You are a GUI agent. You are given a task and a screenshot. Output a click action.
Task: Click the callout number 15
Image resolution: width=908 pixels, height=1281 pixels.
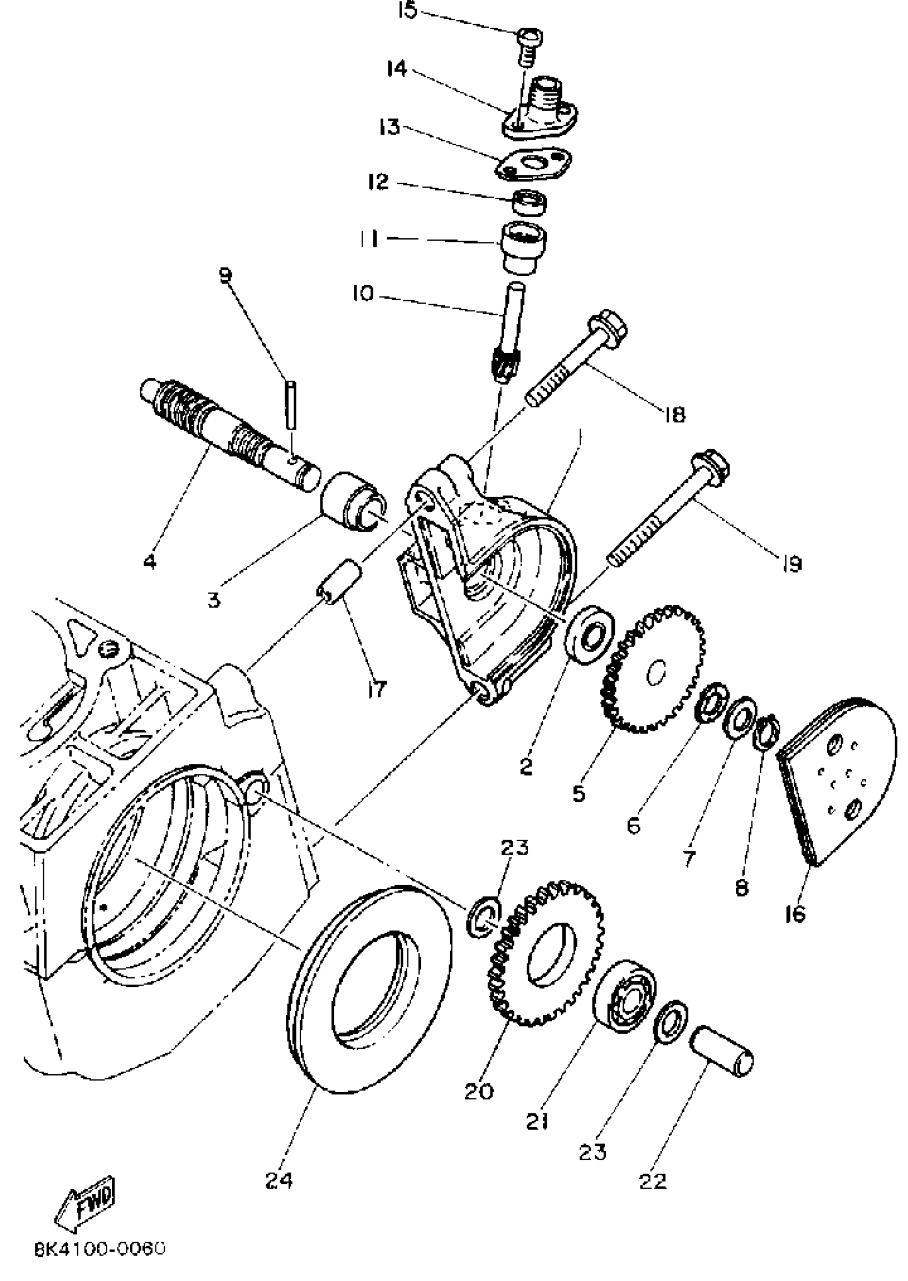408,11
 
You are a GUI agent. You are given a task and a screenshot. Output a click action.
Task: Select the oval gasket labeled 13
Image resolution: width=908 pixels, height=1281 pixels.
535,165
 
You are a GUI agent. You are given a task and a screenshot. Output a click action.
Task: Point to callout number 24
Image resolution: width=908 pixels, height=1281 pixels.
278,1181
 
